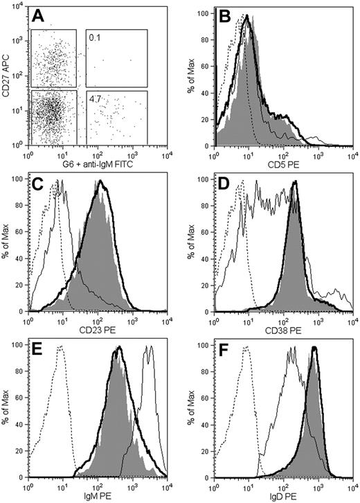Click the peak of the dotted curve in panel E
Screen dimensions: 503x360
pyautogui.click(x=62, y=346)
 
